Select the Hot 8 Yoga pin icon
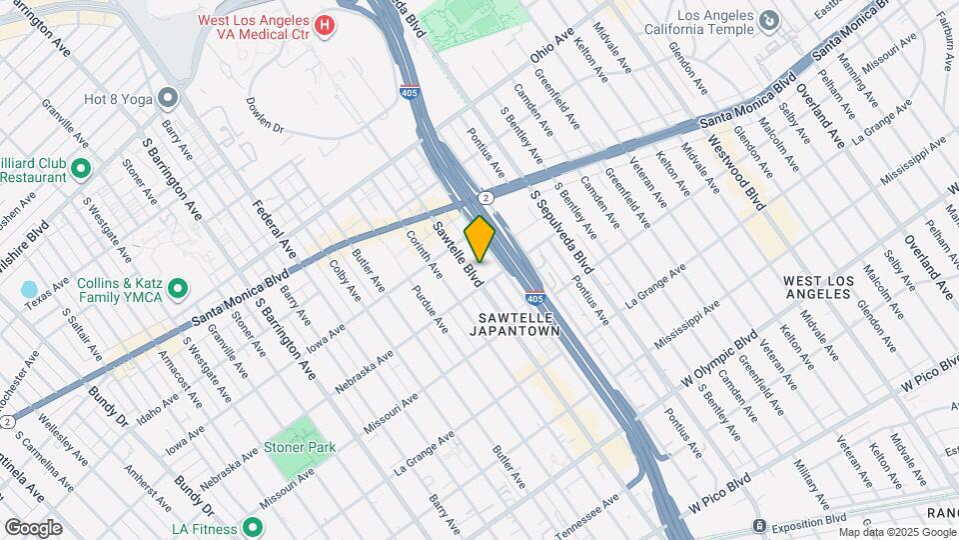click(x=168, y=98)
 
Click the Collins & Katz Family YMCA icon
click(x=179, y=290)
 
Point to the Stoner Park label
click(x=300, y=447)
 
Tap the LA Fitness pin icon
click(x=253, y=527)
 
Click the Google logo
click(x=33, y=528)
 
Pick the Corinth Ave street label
click(x=424, y=254)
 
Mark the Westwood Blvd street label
click(x=736, y=172)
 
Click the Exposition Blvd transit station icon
click(x=760, y=526)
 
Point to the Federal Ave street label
click(x=274, y=229)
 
